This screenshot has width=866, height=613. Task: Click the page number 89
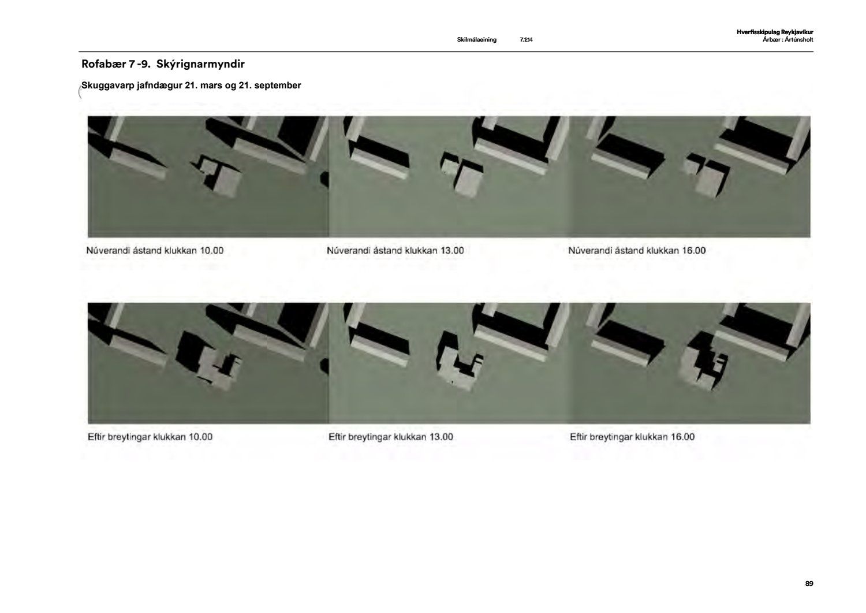(x=809, y=583)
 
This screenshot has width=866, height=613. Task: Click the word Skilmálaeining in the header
(x=477, y=39)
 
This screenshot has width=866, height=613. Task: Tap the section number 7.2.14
(x=526, y=39)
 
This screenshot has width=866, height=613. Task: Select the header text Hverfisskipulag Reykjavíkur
(x=775, y=32)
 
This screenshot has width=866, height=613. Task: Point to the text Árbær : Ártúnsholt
(x=788, y=39)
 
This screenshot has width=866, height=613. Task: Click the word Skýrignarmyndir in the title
(x=200, y=64)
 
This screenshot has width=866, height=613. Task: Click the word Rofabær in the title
(x=103, y=64)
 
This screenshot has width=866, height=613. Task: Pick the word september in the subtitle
(x=278, y=86)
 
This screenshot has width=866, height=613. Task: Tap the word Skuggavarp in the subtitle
(x=107, y=86)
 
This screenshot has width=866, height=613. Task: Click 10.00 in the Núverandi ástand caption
(x=211, y=251)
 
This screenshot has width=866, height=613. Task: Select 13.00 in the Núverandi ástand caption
(x=452, y=251)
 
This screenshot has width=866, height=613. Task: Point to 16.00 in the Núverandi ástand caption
(x=693, y=251)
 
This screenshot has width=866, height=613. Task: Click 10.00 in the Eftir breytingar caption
(x=200, y=437)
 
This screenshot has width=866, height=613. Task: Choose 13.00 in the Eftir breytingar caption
(x=441, y=437)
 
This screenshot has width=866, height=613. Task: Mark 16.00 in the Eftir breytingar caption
(x=683, y=437)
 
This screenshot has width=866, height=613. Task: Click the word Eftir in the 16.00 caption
(x=578, y=437)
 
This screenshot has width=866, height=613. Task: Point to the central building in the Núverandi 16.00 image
(x=706, y=179)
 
